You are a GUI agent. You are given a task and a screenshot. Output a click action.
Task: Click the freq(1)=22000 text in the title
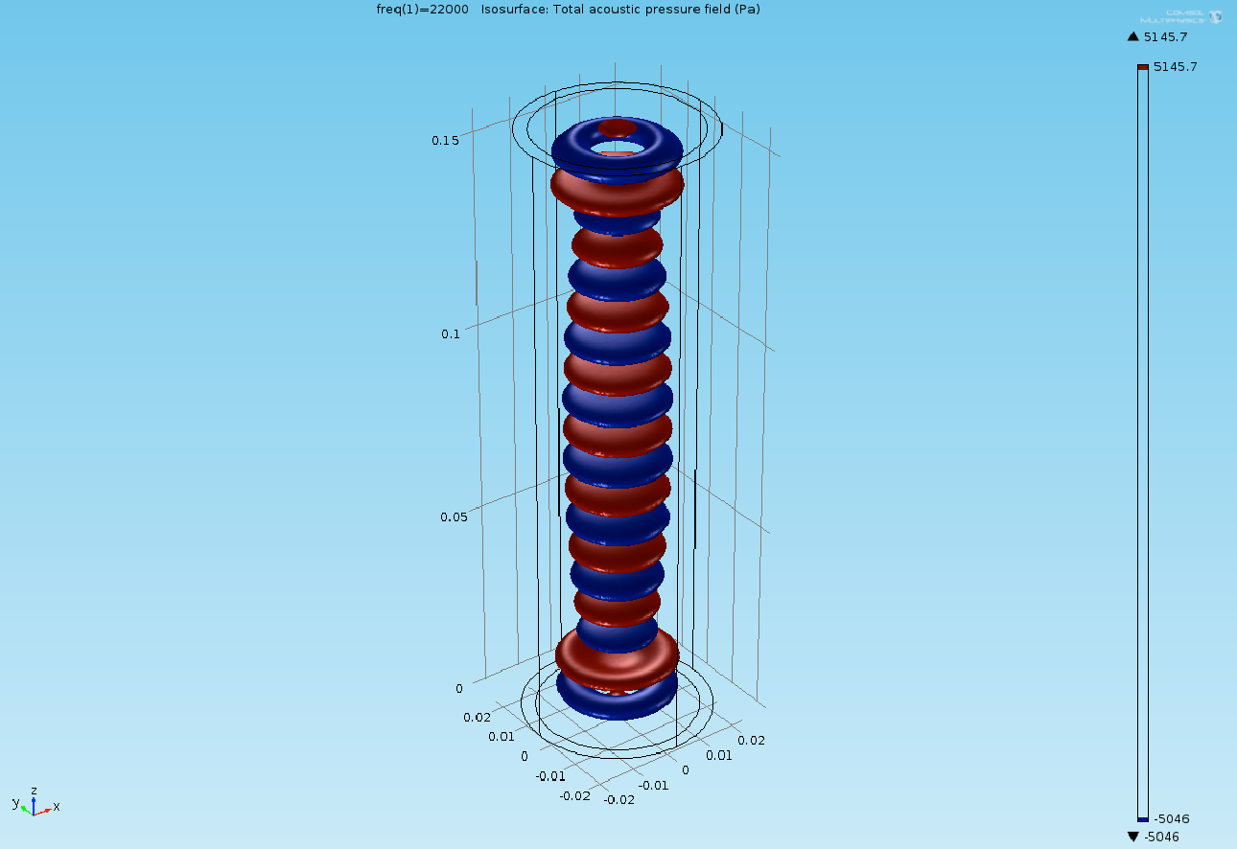coord(422,9)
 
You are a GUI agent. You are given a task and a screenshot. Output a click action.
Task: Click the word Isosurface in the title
coord(514,9)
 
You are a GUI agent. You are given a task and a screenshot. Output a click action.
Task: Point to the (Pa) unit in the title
coord(748,9)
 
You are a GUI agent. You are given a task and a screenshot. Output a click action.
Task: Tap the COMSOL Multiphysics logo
coord(1179,16)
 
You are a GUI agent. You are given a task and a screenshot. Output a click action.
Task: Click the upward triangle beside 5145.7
coord(1133,36)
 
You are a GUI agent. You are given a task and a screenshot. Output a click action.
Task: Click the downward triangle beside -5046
coord(1133,837)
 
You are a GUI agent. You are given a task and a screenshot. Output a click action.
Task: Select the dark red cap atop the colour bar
coord(1142,67)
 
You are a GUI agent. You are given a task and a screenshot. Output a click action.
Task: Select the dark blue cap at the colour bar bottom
coord(1142,819)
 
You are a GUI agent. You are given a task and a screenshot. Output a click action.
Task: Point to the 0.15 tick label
coord(445,140)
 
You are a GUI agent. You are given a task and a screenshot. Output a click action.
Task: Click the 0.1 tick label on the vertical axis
coord(450,333)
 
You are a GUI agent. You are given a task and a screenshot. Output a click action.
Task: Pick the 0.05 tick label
coord(454,516)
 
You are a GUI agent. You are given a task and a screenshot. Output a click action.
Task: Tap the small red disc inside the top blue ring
coord(617,126)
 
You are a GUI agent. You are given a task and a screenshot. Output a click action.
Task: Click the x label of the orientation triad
coord(57,806)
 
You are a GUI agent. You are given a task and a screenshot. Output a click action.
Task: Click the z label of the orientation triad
coord(34,791)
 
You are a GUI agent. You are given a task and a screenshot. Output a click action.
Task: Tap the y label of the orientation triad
coord(15,802)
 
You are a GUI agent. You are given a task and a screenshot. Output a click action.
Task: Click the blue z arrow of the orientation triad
coord(34,803)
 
